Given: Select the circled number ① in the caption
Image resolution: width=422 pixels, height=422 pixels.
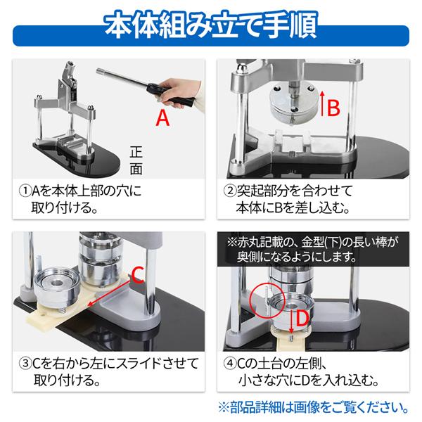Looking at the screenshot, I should coord(25,191).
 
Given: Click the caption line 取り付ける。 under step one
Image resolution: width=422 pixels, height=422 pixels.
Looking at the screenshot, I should coord(64,209).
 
